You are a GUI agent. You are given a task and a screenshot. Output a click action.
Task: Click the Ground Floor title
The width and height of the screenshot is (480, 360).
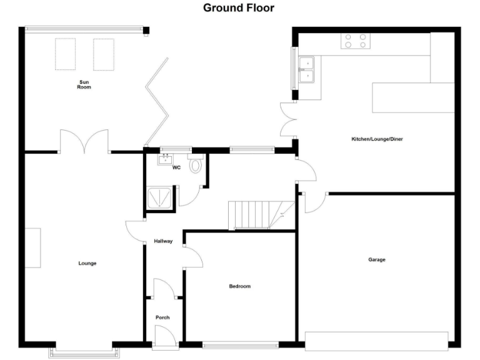pyautogui.click(x=238, y=8)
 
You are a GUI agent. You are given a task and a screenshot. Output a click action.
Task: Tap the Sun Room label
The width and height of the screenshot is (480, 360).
pyautogui.click(x=84, y=84)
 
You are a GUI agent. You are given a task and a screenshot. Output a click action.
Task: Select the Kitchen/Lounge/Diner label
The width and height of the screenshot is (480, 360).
pyautogui.click(x=376, y=139)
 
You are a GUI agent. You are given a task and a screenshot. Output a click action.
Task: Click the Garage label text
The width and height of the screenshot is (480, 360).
pyautogui.click(x=376, y=259)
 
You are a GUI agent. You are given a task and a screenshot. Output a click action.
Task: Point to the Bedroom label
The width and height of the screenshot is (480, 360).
pyautogui.click(x=239, y=286)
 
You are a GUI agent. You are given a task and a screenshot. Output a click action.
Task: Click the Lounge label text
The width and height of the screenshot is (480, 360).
pyautogui.click(x=87, y=263)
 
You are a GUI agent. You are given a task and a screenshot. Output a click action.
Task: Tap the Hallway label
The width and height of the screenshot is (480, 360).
pyautogui.click(x=163, y=241)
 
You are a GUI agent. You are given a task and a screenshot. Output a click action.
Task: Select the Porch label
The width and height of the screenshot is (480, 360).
pyautogui.click(x=162, y=317)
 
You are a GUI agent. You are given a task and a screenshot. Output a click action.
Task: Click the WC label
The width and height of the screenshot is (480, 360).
pyautogui.click(x=176, y=167)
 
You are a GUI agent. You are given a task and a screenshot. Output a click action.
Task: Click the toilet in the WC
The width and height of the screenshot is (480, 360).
pyautogui.click(x=196, y=165)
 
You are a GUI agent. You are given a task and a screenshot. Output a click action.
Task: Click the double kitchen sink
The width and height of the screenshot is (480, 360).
pyautogui.click(x=307, y=69)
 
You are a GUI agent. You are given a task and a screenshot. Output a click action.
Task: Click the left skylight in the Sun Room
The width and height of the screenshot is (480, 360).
pyautogui.click(x=66, y=54)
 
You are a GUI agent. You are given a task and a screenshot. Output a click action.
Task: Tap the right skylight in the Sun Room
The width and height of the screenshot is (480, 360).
pyautogui.click(x=103, y=54)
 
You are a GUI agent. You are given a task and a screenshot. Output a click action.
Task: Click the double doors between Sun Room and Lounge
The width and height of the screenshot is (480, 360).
pyautogui.click(x=84, y=142)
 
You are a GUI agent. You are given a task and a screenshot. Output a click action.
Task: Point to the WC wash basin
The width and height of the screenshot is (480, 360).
pyautogui.click(x=166, y=159)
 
